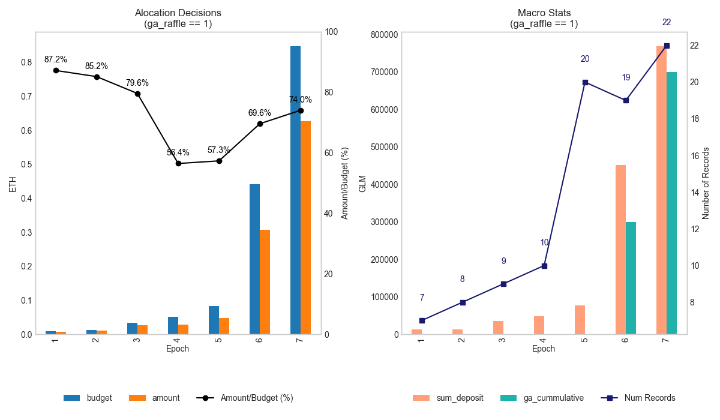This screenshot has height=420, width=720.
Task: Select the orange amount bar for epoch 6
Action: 265,282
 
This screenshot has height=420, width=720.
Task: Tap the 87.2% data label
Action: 56,59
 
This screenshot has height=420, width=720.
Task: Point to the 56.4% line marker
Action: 178,163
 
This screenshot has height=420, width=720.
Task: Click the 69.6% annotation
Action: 260,113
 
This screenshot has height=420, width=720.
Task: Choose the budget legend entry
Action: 88,398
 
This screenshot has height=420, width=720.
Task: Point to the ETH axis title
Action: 13,183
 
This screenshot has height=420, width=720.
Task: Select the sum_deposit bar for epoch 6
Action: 620,250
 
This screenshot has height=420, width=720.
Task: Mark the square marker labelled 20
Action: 585,82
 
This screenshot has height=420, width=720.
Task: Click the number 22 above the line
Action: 667,22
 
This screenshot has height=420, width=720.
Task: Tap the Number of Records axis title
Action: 706,183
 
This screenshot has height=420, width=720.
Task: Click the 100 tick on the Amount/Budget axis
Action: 332,32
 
